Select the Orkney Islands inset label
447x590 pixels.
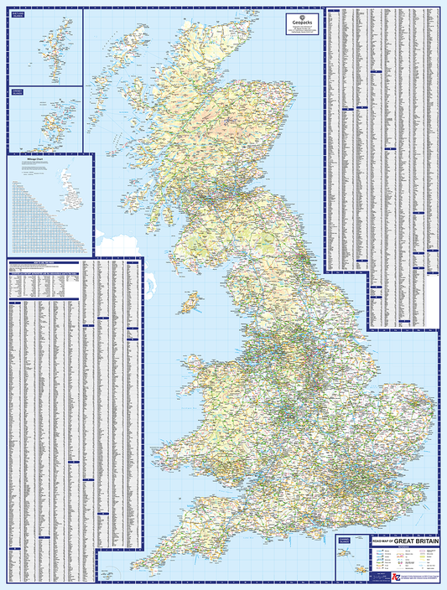pyautogui.click(x=16, y=92)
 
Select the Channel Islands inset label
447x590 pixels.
pyautogui.click(x=344, y=542)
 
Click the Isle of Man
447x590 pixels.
pyautogui.click(x=191, y=301)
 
